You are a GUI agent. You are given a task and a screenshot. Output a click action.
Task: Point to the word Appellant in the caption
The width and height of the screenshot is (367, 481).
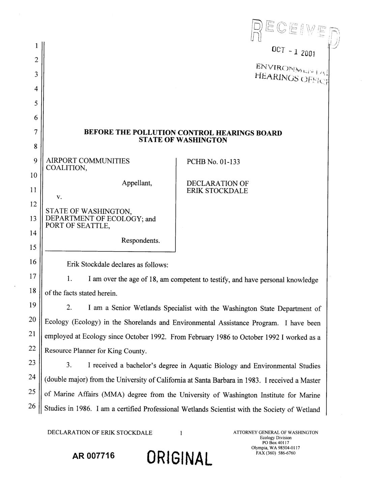137,183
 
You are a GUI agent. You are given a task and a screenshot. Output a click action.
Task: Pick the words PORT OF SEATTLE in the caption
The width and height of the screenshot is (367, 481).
78,226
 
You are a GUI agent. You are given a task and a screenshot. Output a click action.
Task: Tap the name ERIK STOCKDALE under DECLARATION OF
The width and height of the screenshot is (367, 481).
217,191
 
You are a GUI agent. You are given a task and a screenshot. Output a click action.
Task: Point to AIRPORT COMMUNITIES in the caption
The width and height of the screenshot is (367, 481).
87,161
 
